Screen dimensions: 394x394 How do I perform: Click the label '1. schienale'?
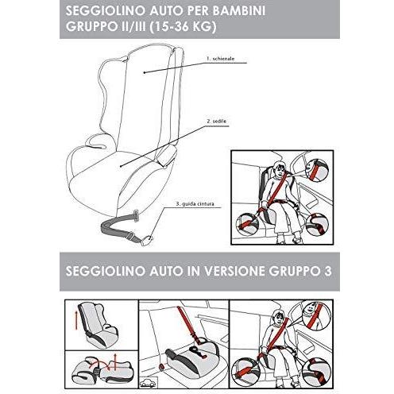(220, 59)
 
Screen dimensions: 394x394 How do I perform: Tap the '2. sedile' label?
(216, 122)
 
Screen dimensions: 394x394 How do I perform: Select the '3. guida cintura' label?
(195, 204)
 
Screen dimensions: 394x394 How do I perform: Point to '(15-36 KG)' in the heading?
(183, 26)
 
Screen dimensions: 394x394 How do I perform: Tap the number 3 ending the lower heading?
(328, 271)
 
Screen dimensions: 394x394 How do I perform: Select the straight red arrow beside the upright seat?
(76, 320)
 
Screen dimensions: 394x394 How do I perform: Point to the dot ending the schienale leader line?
(145, 72)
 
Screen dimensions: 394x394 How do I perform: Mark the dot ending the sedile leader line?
(121, 166)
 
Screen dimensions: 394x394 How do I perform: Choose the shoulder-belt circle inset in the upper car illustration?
(316, 170)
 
